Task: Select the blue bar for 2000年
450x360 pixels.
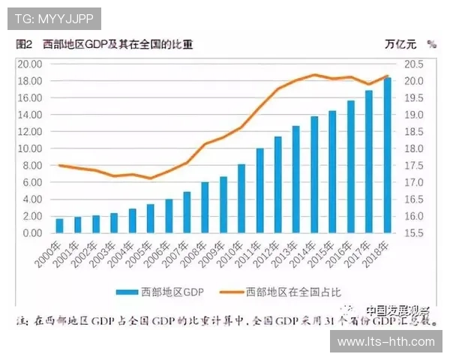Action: [x=59, y=226]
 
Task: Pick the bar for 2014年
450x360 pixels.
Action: [x=314, y=175]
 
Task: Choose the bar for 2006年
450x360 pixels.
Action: [x=169, y=216]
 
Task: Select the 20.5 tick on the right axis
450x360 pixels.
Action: [x=417, y=64]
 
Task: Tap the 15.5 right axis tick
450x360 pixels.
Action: [x=417, y=233]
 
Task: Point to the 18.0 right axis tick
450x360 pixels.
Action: [x=417, y=148]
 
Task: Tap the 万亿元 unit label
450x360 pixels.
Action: [x=400, y=43]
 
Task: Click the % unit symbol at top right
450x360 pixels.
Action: [x=431, y=43]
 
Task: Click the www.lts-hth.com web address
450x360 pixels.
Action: [x=386, y=342]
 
